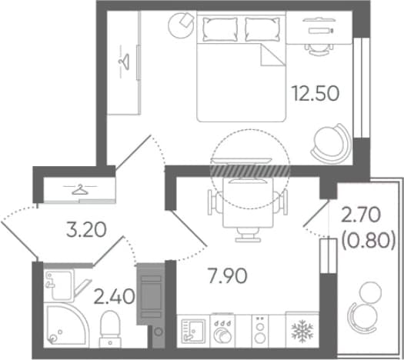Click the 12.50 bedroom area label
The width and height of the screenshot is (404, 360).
point(316,93)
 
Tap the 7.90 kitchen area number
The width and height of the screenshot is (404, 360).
point(228,276)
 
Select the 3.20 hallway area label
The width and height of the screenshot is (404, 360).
point(86,230)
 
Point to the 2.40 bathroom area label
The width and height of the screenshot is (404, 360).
point(114,296)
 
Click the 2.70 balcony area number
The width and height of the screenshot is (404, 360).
point(361,215)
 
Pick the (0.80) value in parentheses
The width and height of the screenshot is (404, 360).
point(368,242)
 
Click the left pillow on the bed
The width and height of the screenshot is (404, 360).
point(220,29)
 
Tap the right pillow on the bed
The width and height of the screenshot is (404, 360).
point(262,29)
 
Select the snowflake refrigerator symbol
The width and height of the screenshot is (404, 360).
point(302,331)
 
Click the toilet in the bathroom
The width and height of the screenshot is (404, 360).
point(110,328)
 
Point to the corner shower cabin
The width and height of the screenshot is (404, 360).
point(65,325)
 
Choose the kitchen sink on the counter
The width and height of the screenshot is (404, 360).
point(193,331)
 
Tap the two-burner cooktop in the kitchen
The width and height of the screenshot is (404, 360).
point(260,331)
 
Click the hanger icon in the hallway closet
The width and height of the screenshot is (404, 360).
point(80,189)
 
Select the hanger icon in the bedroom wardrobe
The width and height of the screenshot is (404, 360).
point(124,62)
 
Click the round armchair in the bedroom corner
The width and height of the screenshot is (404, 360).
point(332,144)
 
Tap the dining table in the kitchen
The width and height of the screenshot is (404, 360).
point(248,203)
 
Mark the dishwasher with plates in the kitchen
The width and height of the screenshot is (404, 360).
point(222,331)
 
